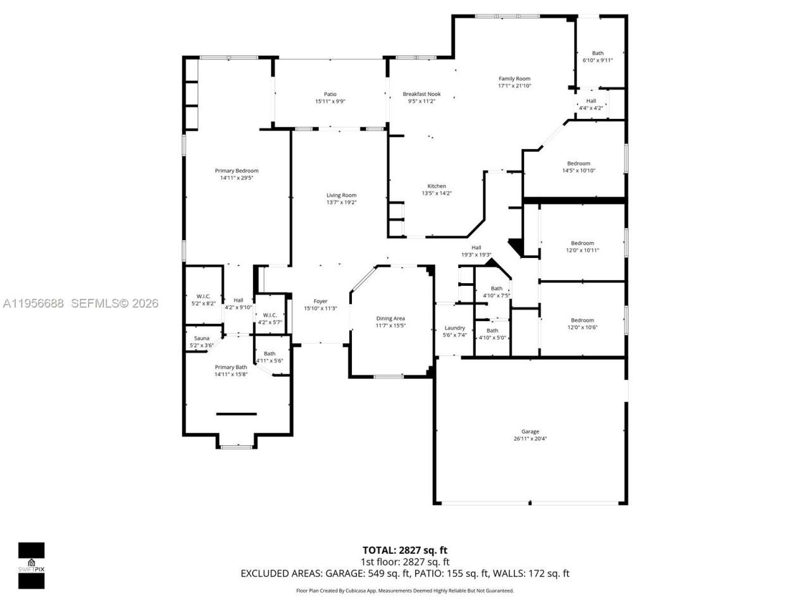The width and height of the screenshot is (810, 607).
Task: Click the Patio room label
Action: coord(330,94)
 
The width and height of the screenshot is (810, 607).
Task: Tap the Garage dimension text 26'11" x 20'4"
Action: coord(530,438)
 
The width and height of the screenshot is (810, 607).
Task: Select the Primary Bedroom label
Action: coord(237,171)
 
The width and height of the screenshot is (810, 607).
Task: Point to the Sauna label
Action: coord(201,338)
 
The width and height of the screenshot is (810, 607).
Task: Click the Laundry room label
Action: coord(454,328)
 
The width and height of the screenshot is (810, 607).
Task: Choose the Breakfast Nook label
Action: coord(421,94)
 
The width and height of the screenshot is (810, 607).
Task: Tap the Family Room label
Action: coord(514,78)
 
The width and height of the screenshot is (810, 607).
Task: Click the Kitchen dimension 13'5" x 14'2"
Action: coord(437,193)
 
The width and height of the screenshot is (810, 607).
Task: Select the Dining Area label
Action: coord(390,319)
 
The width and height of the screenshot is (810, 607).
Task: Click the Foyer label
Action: coord(320,301)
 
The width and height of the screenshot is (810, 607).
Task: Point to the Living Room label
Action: coord(341,195)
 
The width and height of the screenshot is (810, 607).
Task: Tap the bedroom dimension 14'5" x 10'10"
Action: coord(578,171)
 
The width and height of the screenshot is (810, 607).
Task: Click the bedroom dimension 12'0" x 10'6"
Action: coord(582,328)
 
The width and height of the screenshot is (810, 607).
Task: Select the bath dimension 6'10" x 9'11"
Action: coord(597,61)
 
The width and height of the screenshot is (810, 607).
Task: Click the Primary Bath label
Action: coord(231,367)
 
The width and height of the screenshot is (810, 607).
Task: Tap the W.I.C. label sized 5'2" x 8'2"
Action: coord(203,296)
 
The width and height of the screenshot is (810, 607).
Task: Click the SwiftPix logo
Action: coord(31,565)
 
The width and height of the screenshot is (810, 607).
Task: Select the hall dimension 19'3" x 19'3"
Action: coord(476,255)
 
